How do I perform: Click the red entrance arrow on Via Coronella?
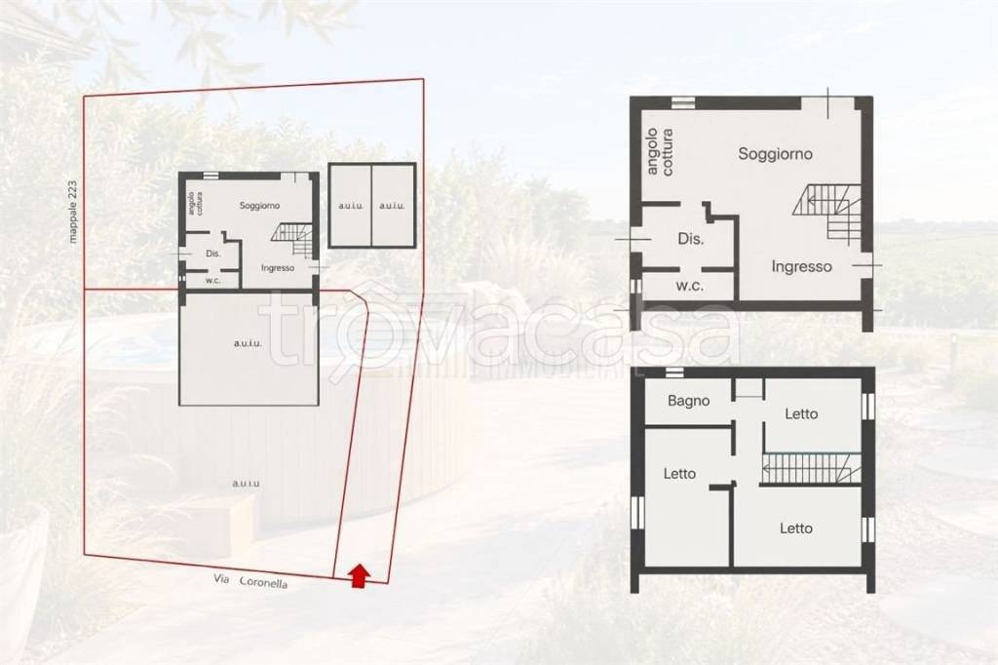coord(360,575)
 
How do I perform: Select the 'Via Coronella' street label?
coord(250,581)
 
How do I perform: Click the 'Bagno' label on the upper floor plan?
coord(689,402)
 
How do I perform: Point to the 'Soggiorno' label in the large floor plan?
coord(775,153)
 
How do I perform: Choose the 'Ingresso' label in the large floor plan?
coord(801,266)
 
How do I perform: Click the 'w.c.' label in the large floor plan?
coord(689,286)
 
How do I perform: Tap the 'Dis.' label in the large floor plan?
coord(691,240)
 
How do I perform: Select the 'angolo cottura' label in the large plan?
coord(660,151)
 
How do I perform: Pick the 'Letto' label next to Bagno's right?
coord(801,414)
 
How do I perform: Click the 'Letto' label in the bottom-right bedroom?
coord(795,528)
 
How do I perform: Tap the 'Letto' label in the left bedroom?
coord(679,473)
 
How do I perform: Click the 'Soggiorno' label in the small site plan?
coord(259,205)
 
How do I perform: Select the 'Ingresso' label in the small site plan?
coord(278,267)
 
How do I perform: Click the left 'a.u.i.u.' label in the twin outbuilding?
coord(351,206)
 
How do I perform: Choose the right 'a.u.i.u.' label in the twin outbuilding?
coord(392,206)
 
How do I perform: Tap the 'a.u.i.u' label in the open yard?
coord(246,484)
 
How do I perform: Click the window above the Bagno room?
coord(674,372)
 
